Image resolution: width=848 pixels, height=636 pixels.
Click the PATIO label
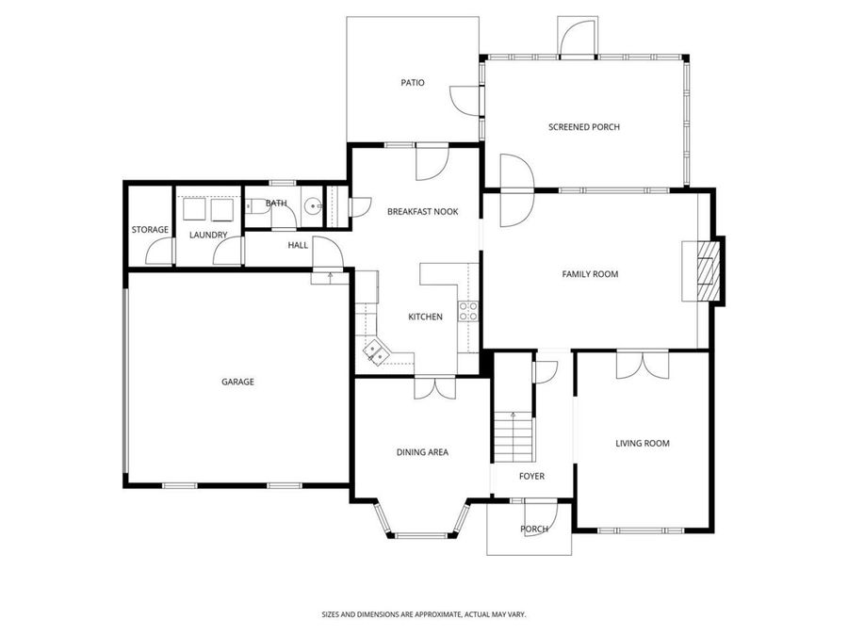click(x=413, y=83)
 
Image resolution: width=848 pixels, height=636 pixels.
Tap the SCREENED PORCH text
click(x=584, y=127)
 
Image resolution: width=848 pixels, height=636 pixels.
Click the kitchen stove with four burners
click(x=468, y=311)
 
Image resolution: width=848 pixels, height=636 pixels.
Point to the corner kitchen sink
click(x=376, y=351)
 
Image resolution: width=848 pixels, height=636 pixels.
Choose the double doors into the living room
click(x=643, y=365)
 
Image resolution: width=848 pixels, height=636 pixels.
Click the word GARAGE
click(x=237, y=382)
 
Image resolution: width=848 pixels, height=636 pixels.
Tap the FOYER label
click(x=531, y=477)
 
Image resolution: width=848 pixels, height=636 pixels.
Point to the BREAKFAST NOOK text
click(x=422, y=212)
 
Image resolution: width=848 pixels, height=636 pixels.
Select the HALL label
click(x=298, y=245)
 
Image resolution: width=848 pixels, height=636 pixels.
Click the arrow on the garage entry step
click(x=329, y=276)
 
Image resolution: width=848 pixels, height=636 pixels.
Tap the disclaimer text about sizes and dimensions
click(x=423, y=613)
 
